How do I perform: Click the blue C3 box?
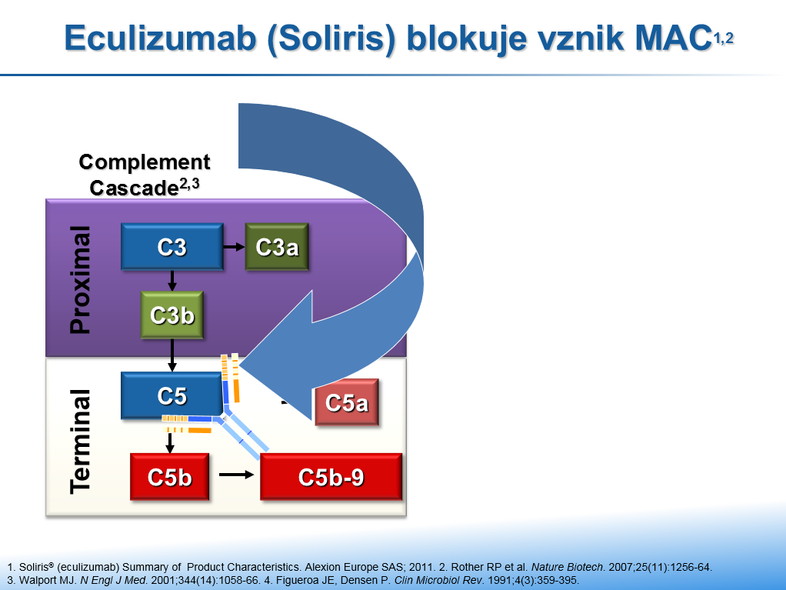[172, 247]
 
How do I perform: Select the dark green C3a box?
[277, 247]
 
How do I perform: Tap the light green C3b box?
[172, 315]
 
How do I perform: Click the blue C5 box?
[172, 395]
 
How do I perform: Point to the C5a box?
[347, 402]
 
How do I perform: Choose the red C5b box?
[169, 477]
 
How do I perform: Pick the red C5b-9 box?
[331, 477]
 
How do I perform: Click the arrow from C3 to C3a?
[234, 247]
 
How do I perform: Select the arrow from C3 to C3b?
[172, 281]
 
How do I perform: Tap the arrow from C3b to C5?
[172, 355]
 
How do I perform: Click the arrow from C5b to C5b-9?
[237, 474]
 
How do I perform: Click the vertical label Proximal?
[80, 280]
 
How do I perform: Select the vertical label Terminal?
[80, 441]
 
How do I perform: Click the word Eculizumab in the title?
[161, 38]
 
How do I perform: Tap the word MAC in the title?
[673, 38]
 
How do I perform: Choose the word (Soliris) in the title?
[331, 39]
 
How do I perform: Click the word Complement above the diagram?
[145, 162]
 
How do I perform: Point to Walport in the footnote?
[48, 581]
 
